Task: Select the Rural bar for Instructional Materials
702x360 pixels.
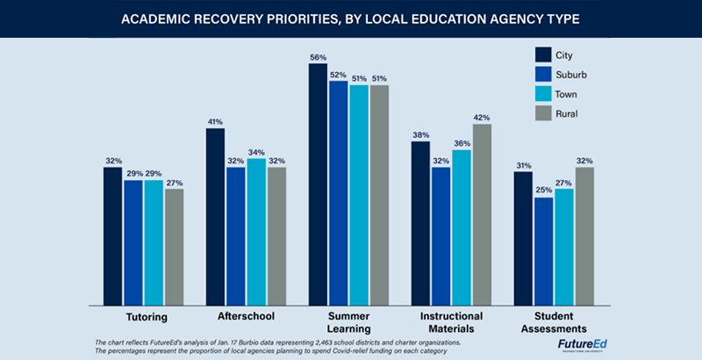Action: pyautogui.click(x=482, y=215)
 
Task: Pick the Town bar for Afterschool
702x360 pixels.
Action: pyautogui.click(x=255, y=232)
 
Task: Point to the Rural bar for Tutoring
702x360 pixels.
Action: pyautogui.click(x=174, y=247)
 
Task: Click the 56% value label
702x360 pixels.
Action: pyautogui.click(x=318, y=57)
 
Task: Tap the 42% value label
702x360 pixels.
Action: pyautogui.click(x=482, y=117)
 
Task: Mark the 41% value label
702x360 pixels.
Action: pyautogui.click(x=215, y=122)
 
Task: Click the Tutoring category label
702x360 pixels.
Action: pyautogui.click(x=143, y=315)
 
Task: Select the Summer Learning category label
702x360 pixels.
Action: pyautogui.click(x=348, y=321)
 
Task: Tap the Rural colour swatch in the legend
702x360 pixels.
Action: pyautogui.click(x=543, y=112)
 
